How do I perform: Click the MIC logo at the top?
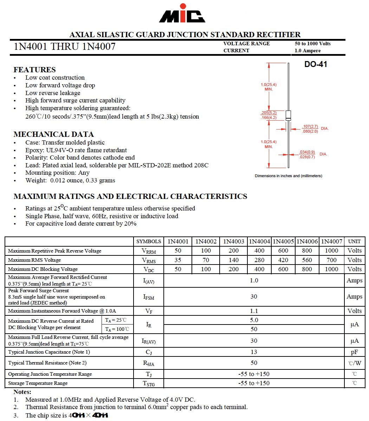(182, 14)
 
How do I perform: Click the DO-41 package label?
(316, 64)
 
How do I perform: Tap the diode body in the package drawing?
(288, 115)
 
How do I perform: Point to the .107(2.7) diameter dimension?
(310, 126)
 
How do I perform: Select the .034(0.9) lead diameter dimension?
(307, 152)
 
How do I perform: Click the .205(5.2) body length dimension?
(268, 113)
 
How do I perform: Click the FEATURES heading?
(34, 69)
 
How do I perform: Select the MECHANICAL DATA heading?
(53, 134)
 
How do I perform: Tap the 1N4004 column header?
(259, 241)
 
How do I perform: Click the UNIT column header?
(354, 241)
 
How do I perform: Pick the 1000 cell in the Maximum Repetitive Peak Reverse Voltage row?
(331, 250)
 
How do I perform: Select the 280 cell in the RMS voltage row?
(259, 260)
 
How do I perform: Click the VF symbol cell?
(149, 311)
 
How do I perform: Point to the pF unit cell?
(354, 352)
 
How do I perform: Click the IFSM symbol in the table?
(149, 297)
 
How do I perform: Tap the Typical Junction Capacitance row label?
(49, 352)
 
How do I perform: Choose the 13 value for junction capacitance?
(254, 352)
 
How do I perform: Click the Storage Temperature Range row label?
(38, 383)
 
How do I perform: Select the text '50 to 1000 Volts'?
(312, 44)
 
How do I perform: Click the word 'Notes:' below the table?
(22, 392)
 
